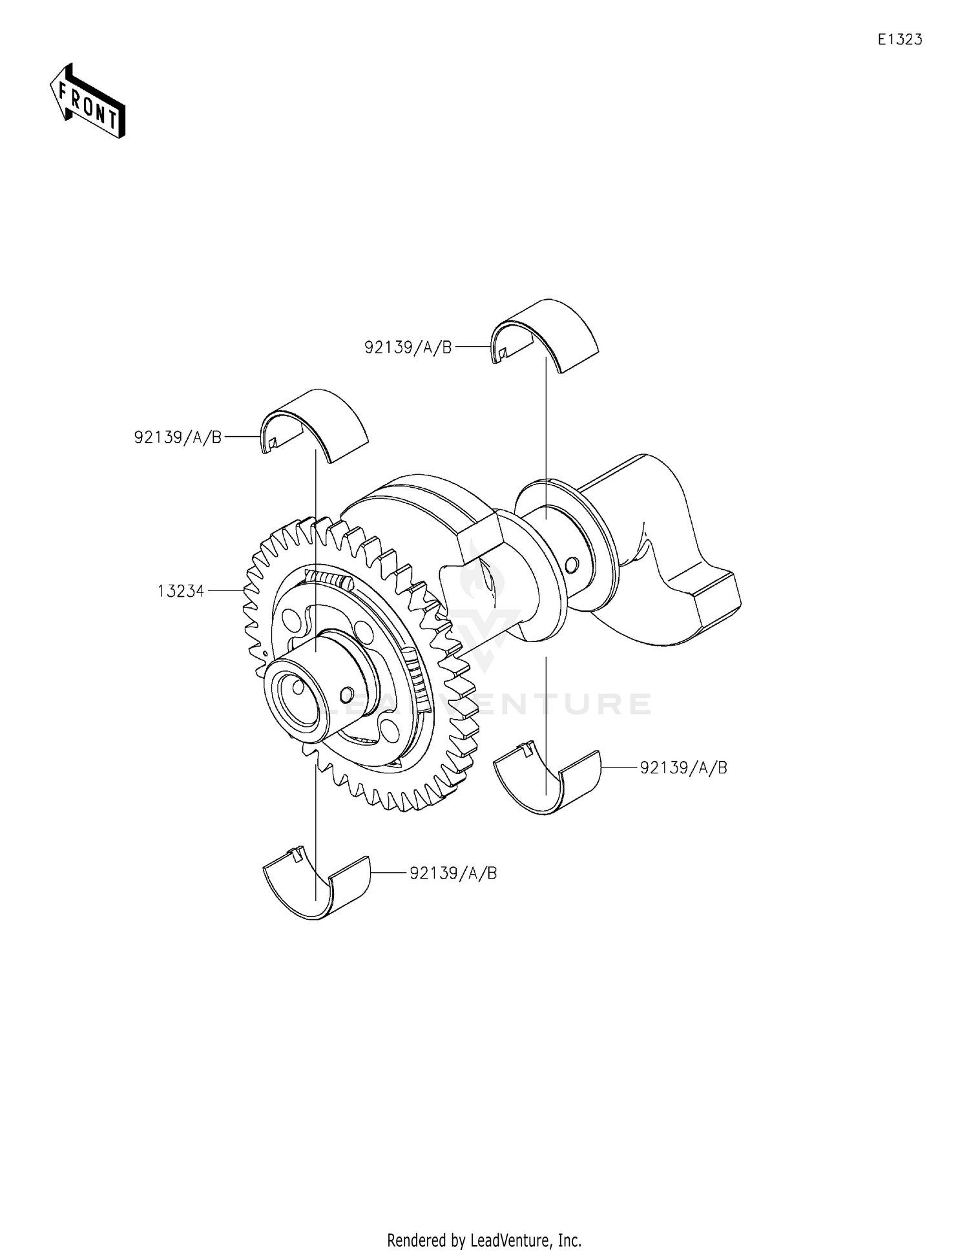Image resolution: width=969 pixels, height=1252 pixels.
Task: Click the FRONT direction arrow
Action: pyautogui.click(x=88, y=101)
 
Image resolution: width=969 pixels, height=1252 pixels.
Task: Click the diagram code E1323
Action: pyautogui.click(x=899, y=39)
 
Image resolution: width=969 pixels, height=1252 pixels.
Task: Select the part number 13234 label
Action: pyautogui.click(x=181, y=590)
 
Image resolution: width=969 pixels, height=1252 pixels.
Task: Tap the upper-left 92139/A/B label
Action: pyautogui.click(x=178, y=437)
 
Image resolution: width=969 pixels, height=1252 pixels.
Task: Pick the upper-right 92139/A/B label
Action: pyautogui.click(x=408, y=348)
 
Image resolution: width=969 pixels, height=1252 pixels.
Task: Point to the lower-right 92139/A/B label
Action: pyautogui.click(x=683, y=767)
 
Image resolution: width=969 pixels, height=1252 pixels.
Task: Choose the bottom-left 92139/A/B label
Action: pyautogui.click(x=453, y=873)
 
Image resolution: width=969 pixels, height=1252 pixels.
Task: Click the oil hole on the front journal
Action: pyautogui.click(x=346, y=693)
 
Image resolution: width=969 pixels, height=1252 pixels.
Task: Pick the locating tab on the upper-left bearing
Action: pyautogui.click(x=273, y=443)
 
